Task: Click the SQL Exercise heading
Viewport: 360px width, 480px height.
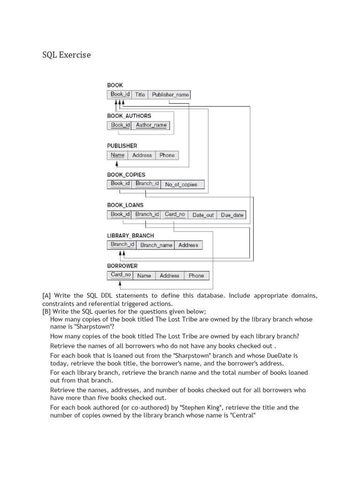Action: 67,55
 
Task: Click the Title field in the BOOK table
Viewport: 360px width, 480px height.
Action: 140,95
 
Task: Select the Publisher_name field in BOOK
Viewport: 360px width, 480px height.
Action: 170,95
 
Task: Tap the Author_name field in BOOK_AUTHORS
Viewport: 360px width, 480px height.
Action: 151,125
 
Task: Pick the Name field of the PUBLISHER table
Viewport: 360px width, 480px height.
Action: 118,155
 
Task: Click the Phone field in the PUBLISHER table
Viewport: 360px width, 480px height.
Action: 167,155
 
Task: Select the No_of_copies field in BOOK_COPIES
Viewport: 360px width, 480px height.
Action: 181,185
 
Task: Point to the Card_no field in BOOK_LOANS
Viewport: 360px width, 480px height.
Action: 175,215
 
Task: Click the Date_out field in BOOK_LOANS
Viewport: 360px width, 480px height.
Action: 203,215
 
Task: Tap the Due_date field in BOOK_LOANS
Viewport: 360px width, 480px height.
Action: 232,215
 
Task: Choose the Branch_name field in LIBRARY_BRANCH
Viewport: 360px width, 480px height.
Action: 156,245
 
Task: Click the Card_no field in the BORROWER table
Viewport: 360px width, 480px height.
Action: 120,275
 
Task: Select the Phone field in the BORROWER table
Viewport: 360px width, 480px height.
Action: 196,276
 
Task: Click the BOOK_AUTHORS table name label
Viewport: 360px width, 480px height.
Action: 129,116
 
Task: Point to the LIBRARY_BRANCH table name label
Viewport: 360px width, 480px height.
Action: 130,236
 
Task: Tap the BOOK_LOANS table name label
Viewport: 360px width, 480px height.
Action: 125,205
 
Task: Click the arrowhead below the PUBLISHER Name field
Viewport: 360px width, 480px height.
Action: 117,164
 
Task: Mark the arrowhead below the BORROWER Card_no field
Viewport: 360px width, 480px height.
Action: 120,284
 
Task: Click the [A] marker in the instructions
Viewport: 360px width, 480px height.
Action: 46,296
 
